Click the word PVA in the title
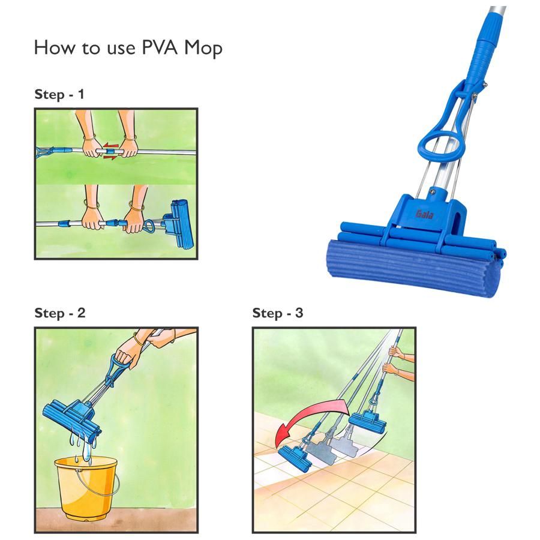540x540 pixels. [160, 47]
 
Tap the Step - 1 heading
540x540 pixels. [59, 94]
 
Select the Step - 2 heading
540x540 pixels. [60, 313]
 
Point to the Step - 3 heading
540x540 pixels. [278, 313]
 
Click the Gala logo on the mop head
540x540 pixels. [424, 214]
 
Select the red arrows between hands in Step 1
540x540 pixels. [110, 151]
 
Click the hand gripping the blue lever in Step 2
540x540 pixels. [127, 356]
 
